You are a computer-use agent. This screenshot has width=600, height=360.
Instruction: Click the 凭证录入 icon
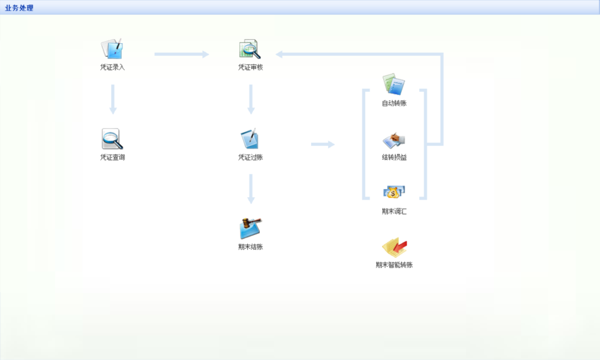(112, 49)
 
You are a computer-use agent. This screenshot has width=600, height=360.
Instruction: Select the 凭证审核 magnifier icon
(250, 49)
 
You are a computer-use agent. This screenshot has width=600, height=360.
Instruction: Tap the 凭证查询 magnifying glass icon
(112, 139)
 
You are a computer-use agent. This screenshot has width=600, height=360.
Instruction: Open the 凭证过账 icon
(250, 139)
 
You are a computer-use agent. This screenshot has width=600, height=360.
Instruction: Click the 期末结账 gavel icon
(250, 228)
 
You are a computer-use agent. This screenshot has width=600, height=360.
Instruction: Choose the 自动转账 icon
(394, 85)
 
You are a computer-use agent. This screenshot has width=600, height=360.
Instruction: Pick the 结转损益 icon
(394, 140)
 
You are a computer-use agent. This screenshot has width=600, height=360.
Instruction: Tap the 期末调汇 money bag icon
(394, 193)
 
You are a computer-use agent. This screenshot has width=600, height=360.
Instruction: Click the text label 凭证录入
(112, 67)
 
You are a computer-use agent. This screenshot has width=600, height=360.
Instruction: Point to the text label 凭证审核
(250, 67)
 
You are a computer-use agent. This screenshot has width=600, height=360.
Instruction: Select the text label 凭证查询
(112, 157)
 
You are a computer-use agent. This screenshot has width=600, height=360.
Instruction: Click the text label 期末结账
(250, 247)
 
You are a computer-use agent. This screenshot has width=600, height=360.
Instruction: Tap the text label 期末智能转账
(394, 265)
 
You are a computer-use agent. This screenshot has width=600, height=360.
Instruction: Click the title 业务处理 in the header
(19, 8)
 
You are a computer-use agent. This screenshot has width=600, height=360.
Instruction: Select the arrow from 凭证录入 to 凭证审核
(182, 54)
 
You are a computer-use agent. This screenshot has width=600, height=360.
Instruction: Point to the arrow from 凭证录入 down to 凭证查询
(113, 99)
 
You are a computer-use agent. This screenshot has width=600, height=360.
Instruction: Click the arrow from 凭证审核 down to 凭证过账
(251, 99)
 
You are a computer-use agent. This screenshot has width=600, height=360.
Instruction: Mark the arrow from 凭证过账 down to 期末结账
(251, 188)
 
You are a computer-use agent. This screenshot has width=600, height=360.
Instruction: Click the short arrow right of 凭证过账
(322, 144)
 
